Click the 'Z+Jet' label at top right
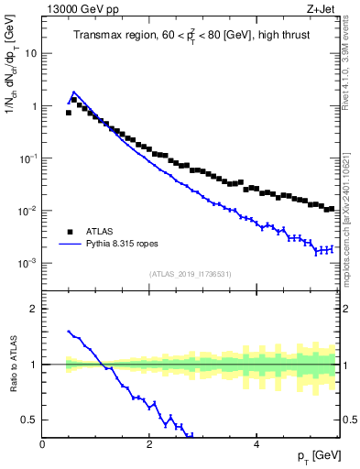pos(322,8)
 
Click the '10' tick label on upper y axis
pos(30,53)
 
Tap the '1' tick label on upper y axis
pos(33,106)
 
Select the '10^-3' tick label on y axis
pos(27,264)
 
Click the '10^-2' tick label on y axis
pos(27,212)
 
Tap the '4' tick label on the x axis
pos(256,446)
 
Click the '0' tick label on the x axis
pos(42,446)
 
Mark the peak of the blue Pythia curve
pos(73,92)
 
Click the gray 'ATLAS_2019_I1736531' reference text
pos(190,273)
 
